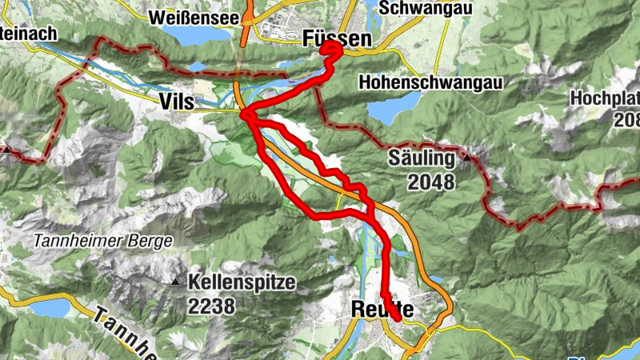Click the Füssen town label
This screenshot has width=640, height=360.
pos(337,38)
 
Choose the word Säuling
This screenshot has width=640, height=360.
pos(422,158)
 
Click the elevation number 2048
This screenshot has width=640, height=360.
pos(430,182)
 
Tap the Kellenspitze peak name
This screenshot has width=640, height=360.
pos(242,282)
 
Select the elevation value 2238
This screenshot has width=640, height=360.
pos(212,306)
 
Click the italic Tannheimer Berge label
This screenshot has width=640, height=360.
pos(104,241)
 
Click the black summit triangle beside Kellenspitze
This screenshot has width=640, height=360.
pos(175,282)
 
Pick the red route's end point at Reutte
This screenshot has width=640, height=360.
pos(398,319)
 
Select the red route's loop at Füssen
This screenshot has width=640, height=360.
pos(332,50)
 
